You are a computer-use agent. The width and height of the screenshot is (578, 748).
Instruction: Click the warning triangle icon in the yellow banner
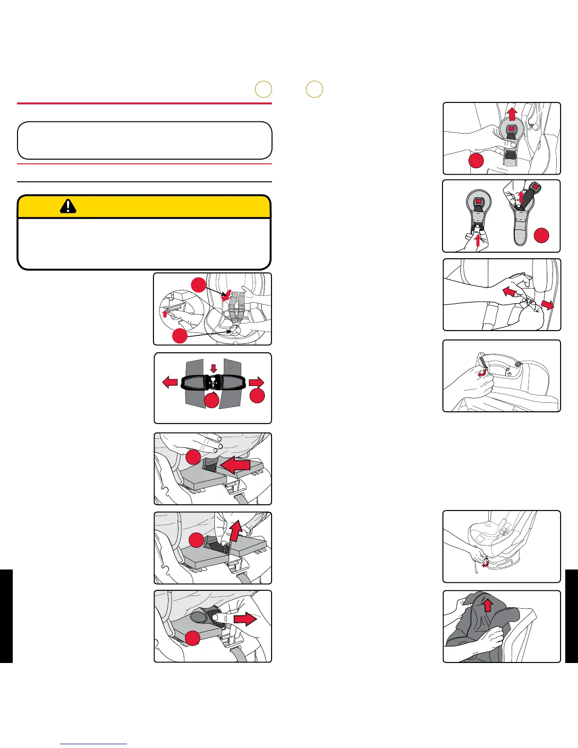coord(68,206)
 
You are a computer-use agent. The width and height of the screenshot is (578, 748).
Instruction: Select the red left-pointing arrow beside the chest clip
coord(170,382)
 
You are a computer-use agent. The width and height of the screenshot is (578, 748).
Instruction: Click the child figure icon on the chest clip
coord(213,380)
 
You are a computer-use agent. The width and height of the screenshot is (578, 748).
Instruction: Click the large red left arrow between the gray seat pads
coord(234,465)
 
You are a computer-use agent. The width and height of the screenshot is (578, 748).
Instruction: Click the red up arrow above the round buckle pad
coord(511,114)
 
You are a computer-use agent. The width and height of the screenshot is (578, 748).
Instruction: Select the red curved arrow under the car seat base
coord(484,563)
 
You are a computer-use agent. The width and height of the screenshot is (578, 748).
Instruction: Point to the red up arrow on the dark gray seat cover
coord(488,605)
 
